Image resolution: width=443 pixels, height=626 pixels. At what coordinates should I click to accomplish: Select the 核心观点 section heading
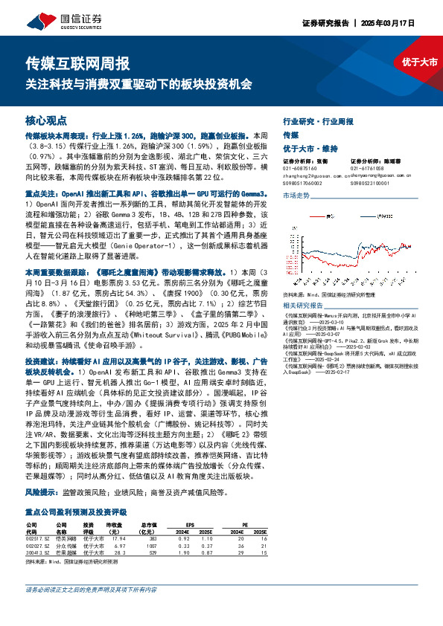pyautogui.click(x=45, y=120)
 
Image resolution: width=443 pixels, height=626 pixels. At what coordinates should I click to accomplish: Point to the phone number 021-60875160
pyautogui.click(x=299, y=167)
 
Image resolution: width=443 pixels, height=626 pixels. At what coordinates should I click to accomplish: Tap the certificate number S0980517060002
pyautogui.click(x=302, y=181)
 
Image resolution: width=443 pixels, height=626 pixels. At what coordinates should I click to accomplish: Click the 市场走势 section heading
pyautogui.click(x=296, y=195)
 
